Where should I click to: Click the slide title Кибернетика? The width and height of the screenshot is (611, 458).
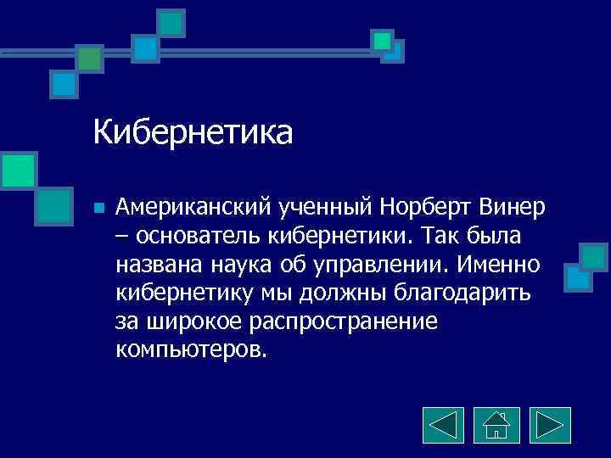193,132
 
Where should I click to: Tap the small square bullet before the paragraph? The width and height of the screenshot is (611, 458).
99,207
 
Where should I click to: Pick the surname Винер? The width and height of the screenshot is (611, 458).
513,206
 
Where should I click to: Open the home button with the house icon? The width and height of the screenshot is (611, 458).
496,424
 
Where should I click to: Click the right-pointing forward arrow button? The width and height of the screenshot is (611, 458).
550,424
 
